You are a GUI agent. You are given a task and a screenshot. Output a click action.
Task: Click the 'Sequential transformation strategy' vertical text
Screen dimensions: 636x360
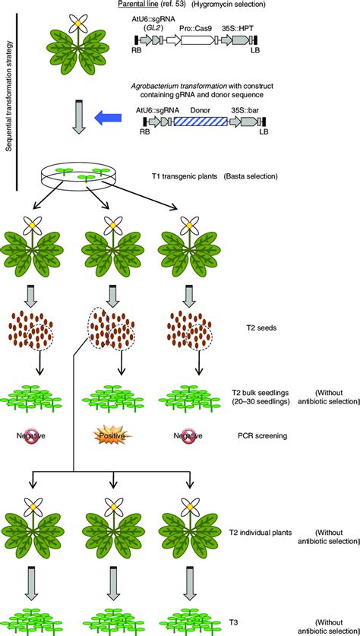point(9,95)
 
